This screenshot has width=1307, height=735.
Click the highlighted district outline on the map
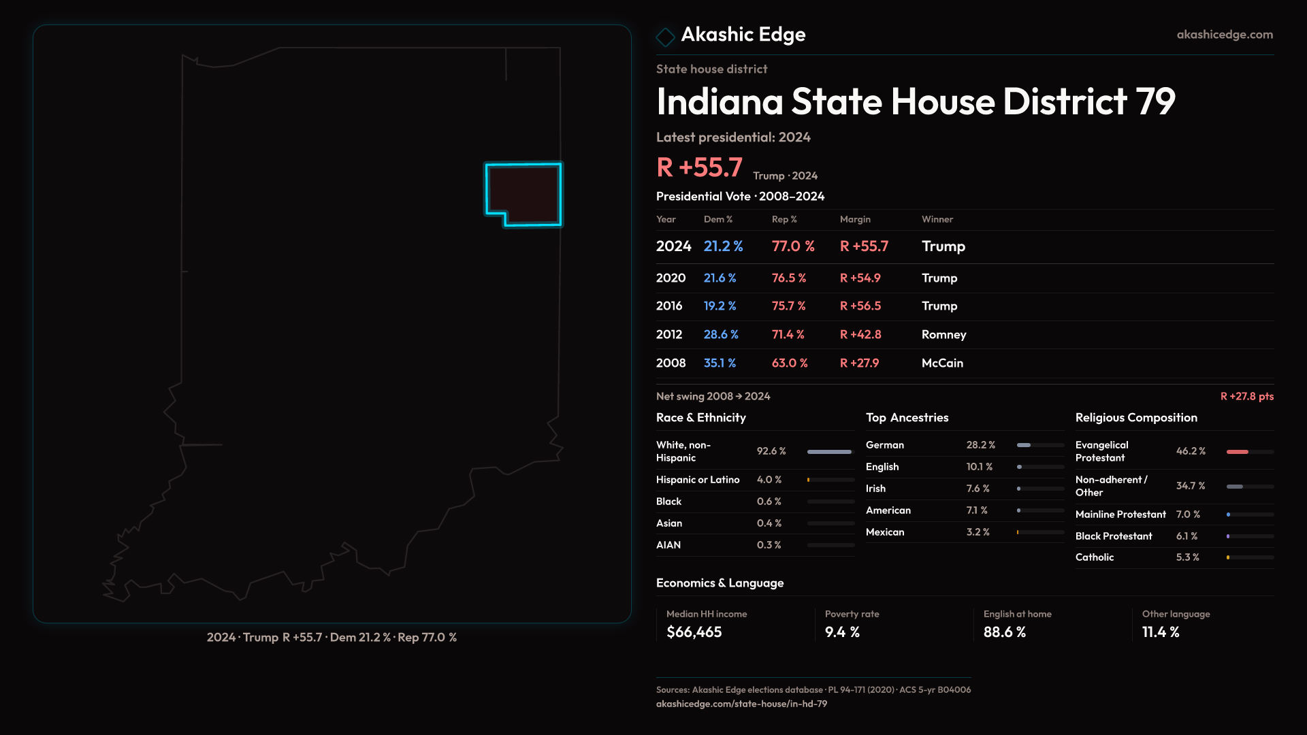(523, 193)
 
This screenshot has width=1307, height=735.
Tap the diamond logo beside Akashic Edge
(665, 36)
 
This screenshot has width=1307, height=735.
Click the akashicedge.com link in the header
(1224, 35)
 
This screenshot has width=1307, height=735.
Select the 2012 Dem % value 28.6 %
(721, 335)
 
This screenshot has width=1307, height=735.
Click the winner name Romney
(943, 335)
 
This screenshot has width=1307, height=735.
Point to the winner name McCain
(942, 363)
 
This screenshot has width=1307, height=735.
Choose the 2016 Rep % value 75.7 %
(788, 306)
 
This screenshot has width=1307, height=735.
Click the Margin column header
(855, 219)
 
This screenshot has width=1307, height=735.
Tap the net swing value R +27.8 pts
(1246, 396)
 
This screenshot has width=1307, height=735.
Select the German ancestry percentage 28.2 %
(980, 445)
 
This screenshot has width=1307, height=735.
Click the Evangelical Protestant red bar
(1238, 452)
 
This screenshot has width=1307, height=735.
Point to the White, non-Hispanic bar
(829, 452)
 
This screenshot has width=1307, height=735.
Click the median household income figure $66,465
(694, 632)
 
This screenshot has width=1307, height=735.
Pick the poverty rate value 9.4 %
(842, 632)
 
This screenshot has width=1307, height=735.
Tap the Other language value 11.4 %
(1160, 632)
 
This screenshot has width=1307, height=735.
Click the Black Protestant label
(1114, 536)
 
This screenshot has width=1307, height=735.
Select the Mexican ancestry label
(885, 532)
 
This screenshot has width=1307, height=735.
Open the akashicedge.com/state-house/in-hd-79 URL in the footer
(741, 704)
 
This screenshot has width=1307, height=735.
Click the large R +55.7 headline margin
(699, 167)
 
